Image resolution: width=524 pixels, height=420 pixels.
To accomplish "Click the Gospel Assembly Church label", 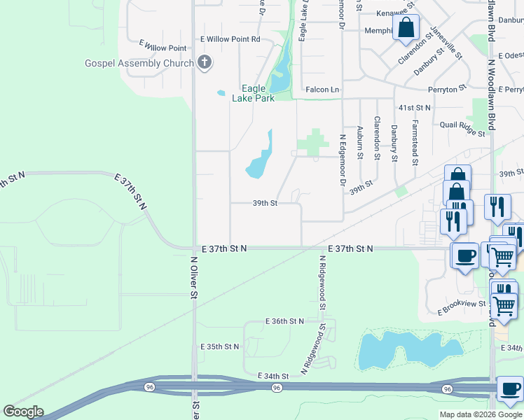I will (139, 63).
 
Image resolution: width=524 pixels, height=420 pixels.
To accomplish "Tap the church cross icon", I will (204, 63).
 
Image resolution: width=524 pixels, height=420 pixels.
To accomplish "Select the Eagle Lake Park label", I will (254, 93).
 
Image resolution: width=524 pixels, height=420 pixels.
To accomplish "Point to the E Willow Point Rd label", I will (230, 39).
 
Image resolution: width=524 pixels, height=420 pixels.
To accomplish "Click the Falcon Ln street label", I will (322, 90).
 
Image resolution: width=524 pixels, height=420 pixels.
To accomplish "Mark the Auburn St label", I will (360, 139).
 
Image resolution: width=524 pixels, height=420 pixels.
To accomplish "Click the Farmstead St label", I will (415, 141).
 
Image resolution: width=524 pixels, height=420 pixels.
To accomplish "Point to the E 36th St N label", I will (285, 321).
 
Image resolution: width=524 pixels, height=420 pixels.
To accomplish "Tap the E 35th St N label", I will (220, 346).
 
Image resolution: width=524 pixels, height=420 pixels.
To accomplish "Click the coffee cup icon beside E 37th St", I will (464, 255).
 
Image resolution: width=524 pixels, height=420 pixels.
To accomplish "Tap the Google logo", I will (23, 412).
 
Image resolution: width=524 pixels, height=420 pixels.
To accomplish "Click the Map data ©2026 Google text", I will (481, 414).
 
